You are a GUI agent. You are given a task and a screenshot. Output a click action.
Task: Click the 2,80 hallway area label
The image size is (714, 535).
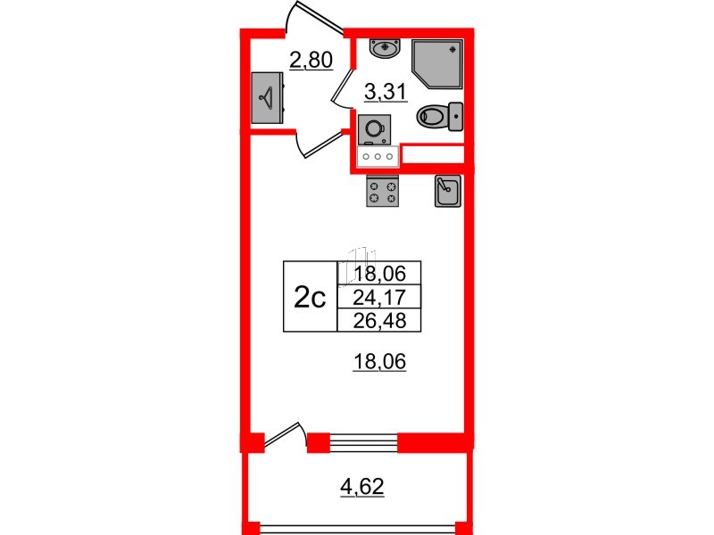point(311,61)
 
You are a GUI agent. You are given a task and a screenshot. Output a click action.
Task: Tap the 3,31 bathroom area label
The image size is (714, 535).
point(386,90)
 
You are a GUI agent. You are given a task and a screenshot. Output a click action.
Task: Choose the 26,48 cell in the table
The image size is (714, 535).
point(378,319)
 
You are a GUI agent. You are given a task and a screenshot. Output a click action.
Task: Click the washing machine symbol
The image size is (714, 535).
point(372,129)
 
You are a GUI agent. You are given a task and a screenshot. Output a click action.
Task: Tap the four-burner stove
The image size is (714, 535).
point(384,191)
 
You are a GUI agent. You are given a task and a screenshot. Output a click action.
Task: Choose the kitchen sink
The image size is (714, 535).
point(446,191)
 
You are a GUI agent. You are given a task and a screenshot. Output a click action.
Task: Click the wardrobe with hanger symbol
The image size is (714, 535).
point(267,97)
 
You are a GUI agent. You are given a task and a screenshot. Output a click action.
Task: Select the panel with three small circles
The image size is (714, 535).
point(377,156)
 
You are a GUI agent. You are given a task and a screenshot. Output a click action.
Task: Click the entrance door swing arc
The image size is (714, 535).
point(304,17)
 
